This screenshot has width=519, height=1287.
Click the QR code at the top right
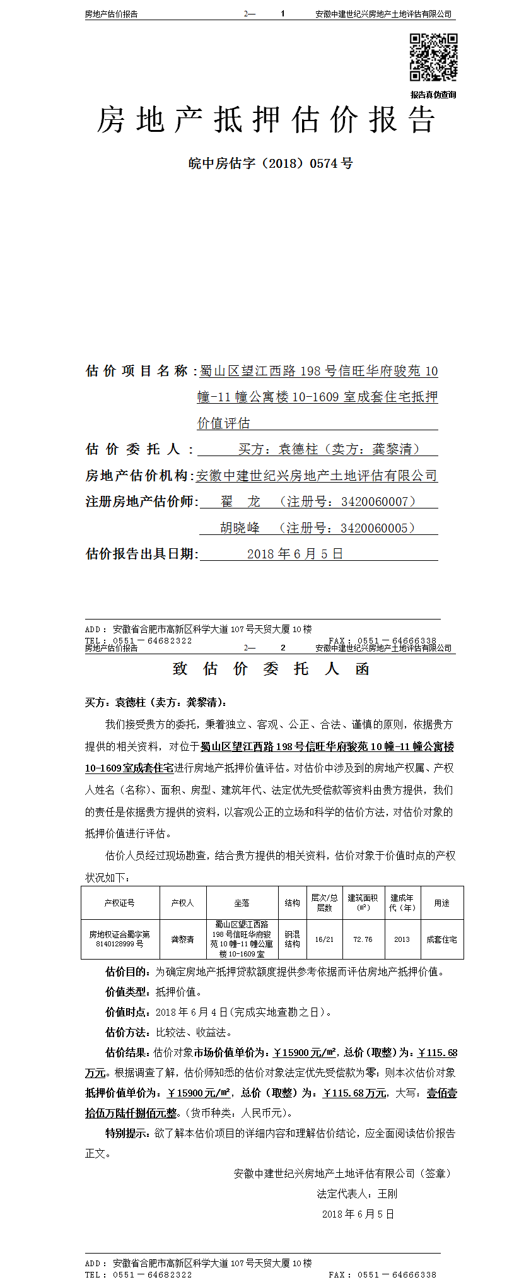click(x=433, y=57)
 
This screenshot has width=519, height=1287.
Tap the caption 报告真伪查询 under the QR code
click(x=433, y=95)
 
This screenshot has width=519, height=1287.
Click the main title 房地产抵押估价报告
click(x=266, y=120)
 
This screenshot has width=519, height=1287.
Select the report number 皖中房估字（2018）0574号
click(x=271, y=163)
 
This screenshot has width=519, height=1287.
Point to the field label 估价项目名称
click(x=137, y=371)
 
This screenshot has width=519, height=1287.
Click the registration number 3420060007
click(x=375, y=502)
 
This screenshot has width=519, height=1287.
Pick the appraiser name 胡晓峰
click(x=240, y=528)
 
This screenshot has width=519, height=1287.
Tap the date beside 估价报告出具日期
click(x=294, y=554)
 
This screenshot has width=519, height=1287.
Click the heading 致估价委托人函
click(x=271, y=669)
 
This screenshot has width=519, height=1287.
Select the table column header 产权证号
click(x=120, y=903)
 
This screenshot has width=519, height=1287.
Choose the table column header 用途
click(x=441, y=903)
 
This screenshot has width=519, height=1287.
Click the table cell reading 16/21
click(x=324, y=939)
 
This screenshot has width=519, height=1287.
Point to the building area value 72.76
click(x=363, y=939)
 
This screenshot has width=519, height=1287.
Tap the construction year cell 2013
click(x=402, y=939)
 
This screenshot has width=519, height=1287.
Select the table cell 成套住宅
click(x=441, y=939)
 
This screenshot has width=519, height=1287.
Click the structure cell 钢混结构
click(x=292, y=939)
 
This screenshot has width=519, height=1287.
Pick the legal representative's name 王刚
click(x=387, y=1194)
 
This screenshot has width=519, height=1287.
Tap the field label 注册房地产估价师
click(x=141, y=502)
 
